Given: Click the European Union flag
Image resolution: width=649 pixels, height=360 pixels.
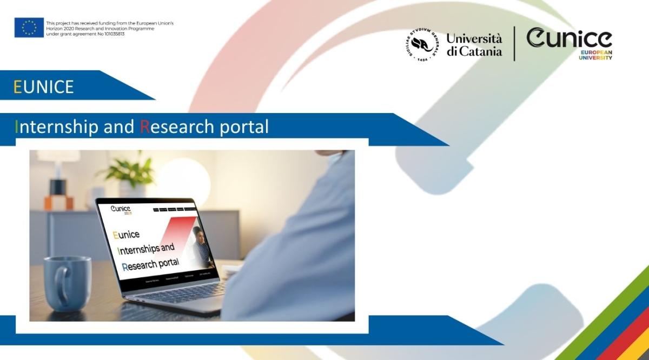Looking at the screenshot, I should click(x=29, y=28).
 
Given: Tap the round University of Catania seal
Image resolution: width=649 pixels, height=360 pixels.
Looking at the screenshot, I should click(x=422, y=45).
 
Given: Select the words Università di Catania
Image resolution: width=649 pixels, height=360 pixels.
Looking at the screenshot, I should click(x=474, y=45).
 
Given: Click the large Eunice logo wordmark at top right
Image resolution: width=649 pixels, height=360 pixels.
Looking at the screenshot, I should click(x=569, y=39).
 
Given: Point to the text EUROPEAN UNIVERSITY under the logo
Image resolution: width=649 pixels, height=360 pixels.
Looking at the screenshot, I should click(x=595, y=55).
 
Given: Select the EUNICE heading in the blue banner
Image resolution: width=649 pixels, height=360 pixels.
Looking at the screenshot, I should click(x=44, y=86).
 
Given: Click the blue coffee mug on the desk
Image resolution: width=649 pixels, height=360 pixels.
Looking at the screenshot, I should click(x=68, y=283).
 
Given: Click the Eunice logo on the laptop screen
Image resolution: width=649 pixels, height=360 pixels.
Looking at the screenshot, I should click(x=121, y=210).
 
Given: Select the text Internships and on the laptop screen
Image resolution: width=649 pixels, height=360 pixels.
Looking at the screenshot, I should click(x=146, y=250).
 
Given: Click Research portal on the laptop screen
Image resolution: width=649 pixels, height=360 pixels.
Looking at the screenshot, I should click(x=151, y=264).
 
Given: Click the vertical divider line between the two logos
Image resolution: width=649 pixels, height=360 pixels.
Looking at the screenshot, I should click(x=514, y=44).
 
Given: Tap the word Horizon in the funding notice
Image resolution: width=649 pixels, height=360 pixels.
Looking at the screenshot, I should click(x=54, y=28).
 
